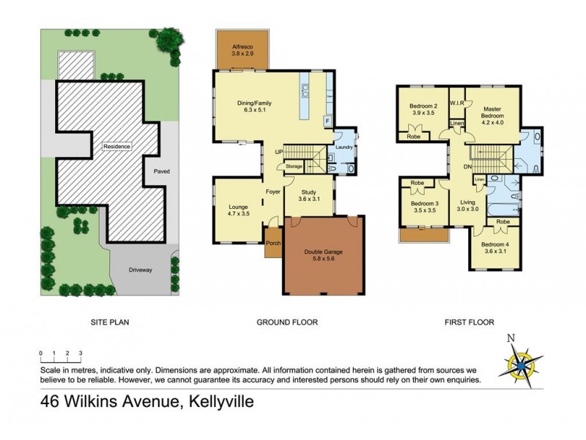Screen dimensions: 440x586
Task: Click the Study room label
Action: [308, 194]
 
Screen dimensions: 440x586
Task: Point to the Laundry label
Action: [344, 147]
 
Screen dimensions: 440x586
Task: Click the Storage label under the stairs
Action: [294, 166]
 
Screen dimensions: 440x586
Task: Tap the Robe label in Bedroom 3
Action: [418, 183]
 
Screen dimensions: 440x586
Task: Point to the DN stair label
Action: [467, 166]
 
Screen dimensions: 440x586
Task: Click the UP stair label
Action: [278, 152]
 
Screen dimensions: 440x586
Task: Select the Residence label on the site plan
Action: [116, 147]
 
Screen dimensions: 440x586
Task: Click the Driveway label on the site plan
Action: [139, 270]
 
